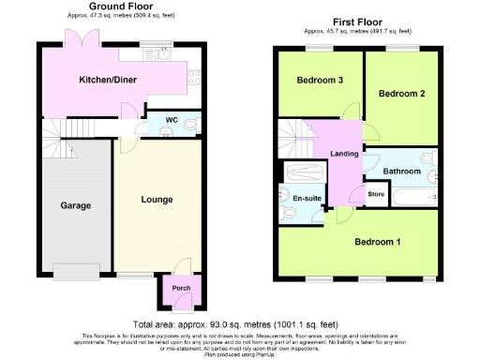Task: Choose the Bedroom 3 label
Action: tap(319, 81)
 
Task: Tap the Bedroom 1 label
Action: tap(378, 242)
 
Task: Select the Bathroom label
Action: tap(402, 171)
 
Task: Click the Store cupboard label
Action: tap(376, 194)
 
